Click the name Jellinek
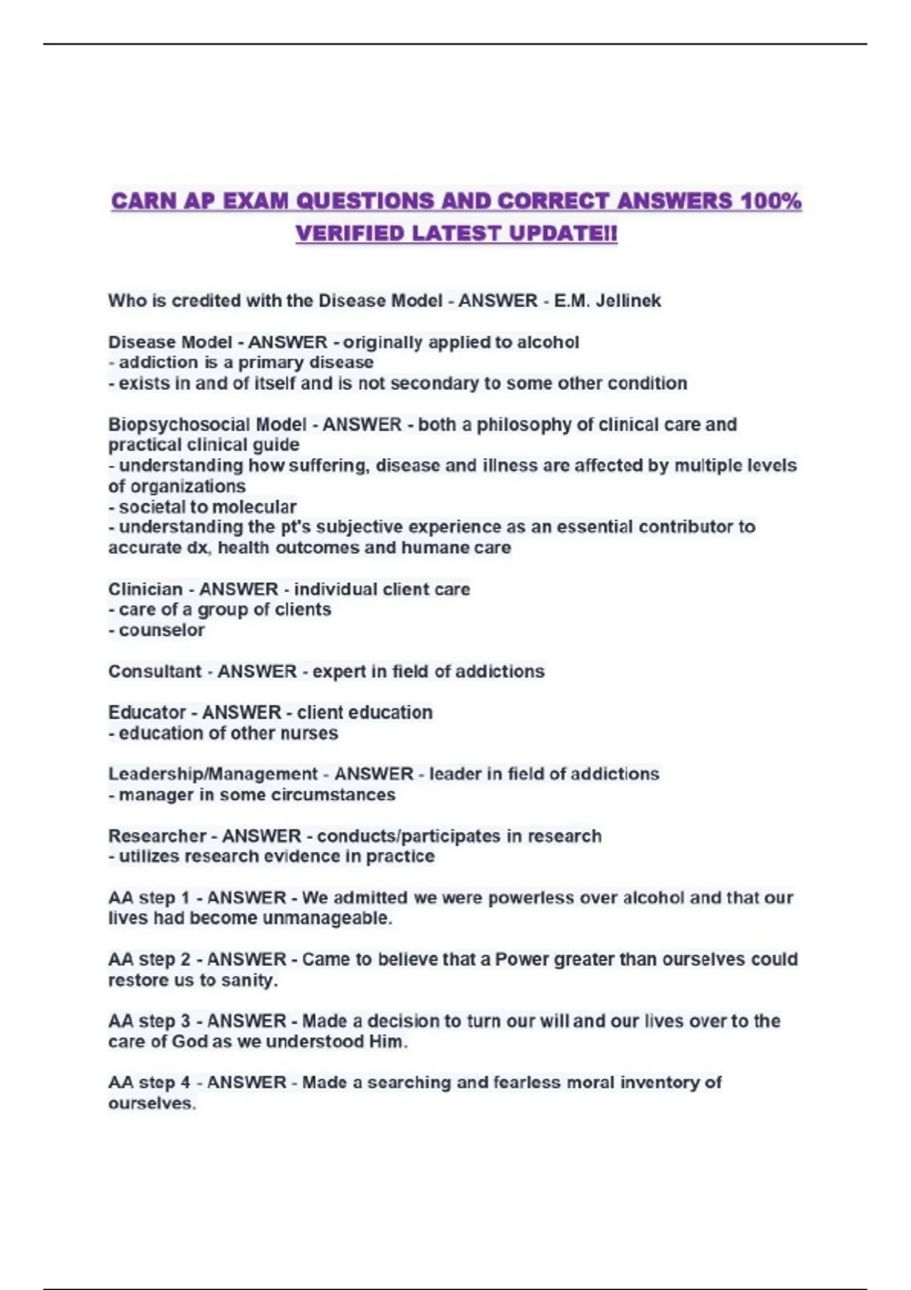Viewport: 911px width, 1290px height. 629,300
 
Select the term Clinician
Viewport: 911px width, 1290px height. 145,590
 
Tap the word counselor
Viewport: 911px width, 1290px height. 162,631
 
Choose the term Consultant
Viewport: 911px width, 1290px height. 154,672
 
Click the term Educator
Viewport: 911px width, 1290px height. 147,713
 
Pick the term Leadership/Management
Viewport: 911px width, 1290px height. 213,774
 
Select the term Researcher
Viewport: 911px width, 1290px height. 157,836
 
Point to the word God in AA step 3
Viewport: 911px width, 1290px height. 190,1042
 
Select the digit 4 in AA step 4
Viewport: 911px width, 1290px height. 186,1083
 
